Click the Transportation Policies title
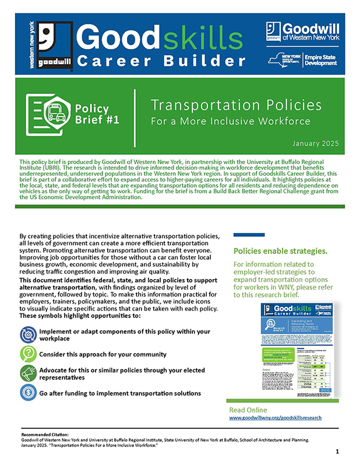coord(236,105)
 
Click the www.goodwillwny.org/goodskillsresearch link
coord(275,418)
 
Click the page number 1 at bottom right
coord(338,452)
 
